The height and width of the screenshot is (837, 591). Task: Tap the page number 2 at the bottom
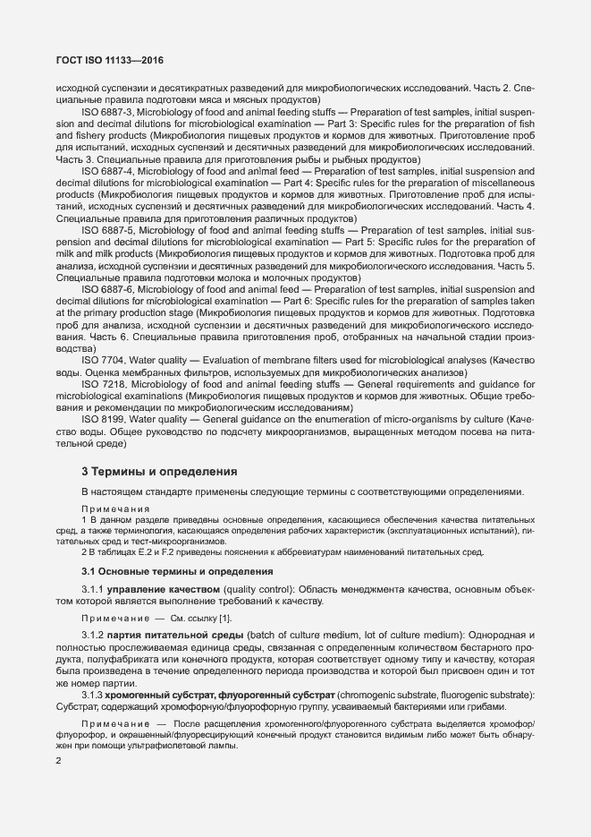point(58,762)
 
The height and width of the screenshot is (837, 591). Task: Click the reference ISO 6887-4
point(107,171)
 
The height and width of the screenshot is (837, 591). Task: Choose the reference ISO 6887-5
point(107,230)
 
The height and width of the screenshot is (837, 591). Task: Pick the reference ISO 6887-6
point(107,289)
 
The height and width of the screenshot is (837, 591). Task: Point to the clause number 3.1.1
point(93,589)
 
